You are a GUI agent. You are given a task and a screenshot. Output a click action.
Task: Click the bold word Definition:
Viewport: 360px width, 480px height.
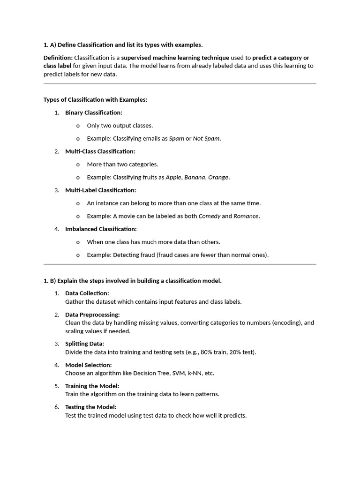tap(58, 58)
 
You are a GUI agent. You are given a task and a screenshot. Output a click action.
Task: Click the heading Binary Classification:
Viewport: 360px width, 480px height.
tap(93, 112)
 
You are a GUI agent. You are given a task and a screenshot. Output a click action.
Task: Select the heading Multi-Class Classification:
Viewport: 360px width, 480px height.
tap(100, 151)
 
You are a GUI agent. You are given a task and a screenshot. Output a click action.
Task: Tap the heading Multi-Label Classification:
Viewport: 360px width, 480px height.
tap(100, 190)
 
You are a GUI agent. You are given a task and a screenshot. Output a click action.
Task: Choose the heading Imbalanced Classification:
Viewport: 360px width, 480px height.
tap(101, 229)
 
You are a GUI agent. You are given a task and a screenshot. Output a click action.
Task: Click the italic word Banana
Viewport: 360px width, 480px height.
tap(195, 177)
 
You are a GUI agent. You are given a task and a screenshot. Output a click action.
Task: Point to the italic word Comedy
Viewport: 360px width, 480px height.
tap(210, 216)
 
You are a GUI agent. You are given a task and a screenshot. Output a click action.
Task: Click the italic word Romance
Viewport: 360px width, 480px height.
tap(246, 216)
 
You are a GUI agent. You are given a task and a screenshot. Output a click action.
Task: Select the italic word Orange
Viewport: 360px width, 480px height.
tap(218, 177)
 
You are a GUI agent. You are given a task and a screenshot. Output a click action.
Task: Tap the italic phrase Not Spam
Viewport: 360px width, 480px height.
tap(206, 138)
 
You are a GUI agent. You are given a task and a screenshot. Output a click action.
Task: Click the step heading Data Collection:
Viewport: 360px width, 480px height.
tap(87, 293)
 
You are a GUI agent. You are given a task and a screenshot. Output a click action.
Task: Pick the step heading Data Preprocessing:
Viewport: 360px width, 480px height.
tap(92, 315)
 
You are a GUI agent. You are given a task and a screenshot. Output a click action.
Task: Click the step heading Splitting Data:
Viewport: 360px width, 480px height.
tap(84, 344)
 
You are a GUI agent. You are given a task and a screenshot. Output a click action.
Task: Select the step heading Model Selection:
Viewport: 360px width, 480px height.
tap(88, 365)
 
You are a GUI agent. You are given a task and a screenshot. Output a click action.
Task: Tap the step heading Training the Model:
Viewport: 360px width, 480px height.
tap(92, 386)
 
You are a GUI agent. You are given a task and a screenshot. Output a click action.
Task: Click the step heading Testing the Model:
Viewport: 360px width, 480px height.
tap(90, 407)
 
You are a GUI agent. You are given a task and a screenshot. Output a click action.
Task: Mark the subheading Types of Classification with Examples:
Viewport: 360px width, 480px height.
tap(95, 100)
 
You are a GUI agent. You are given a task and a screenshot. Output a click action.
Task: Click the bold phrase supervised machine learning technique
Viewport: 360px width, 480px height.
tap(175, 58)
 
